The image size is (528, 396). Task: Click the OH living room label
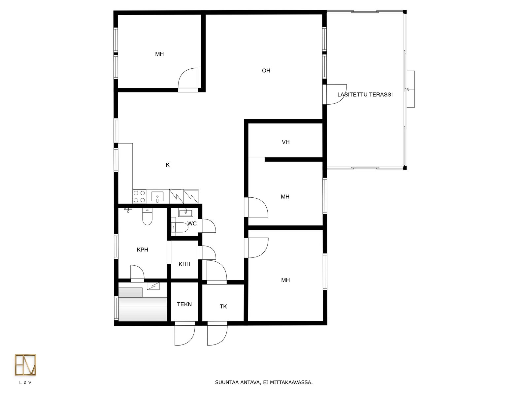click(x=266, y=70)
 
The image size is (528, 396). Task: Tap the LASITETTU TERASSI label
click(x=365, y=94)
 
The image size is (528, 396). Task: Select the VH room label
click(x=285, y=142)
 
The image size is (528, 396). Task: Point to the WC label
click(x=192, y=224)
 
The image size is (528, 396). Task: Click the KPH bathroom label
click(x=143, y=249)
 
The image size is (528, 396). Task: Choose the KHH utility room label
click(x=184, y=264)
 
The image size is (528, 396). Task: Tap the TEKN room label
click(x=184, y=304)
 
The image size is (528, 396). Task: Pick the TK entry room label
click(x=223, y=307)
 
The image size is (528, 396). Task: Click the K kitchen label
click(x=168, y=165)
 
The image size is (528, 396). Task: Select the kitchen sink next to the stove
click(x=157, y=197)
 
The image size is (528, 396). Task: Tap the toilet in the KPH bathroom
click(x=147, y=216)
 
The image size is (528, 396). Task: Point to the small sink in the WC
click(x=185, y=212)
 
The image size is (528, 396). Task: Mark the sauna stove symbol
click(x=153, y=286)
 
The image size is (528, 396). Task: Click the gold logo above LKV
click(x=25, y=365)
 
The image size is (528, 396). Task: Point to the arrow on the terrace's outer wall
click(x=411, y=89)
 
